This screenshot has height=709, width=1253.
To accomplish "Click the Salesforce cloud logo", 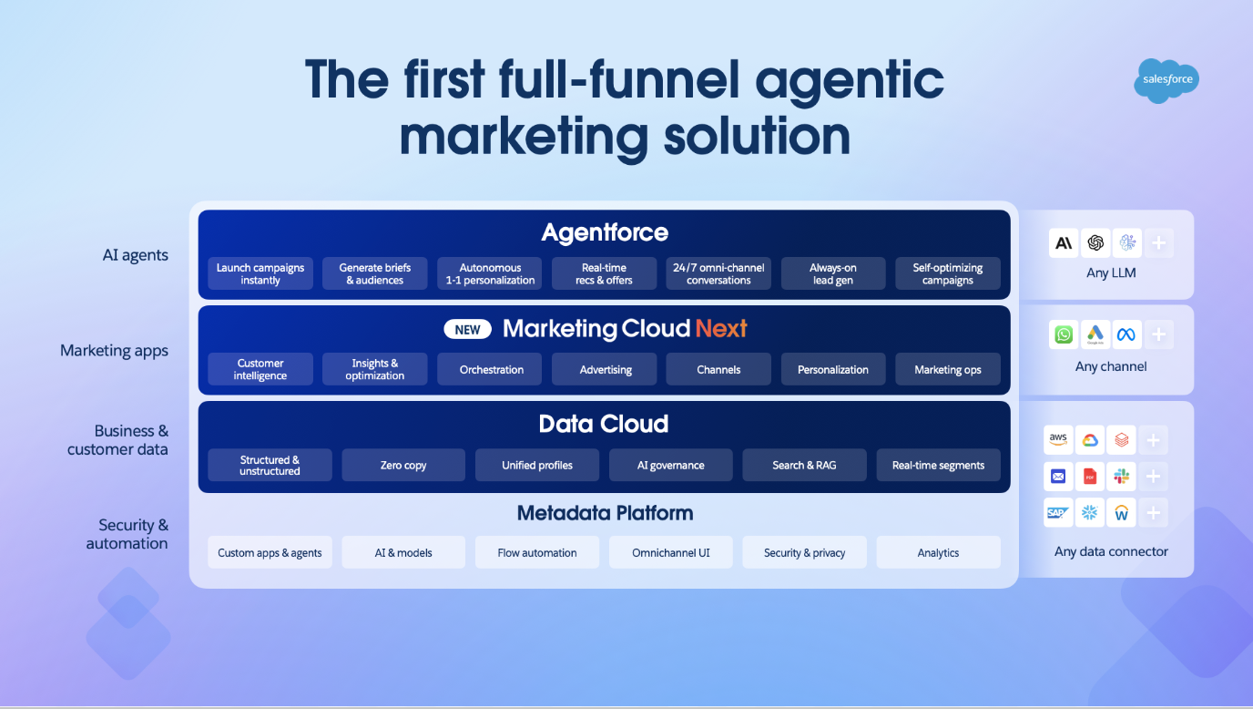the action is point(1166,80).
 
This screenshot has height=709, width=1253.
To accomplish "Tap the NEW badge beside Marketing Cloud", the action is point(468,329).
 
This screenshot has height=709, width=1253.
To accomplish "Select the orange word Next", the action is point(721,328).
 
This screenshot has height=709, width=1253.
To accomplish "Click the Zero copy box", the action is point(403,465).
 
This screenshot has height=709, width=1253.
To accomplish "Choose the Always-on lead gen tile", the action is point(833,273).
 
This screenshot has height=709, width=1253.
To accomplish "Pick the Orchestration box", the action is point(490,369).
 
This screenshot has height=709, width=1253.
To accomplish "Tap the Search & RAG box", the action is point(804,465).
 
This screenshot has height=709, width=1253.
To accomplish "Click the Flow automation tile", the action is point(537,552).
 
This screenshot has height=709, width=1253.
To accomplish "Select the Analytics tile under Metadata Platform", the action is point(938,552).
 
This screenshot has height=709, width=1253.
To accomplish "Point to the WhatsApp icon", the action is point(1064,334).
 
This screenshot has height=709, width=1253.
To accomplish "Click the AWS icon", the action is point(1058,440).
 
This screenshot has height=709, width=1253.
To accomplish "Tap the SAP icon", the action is point(1058,512).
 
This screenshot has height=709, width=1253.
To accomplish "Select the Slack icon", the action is point(1122,477).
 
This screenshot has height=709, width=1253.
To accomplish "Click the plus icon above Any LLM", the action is point(1159,242).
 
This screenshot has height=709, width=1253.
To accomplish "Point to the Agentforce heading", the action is point(605,232).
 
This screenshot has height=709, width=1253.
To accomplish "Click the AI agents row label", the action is point(135,255).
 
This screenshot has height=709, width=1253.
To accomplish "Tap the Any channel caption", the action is point(1111,366).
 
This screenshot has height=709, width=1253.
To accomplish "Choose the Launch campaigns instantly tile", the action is point(260,273).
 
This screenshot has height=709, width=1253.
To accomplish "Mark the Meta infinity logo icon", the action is point(1126,334).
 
